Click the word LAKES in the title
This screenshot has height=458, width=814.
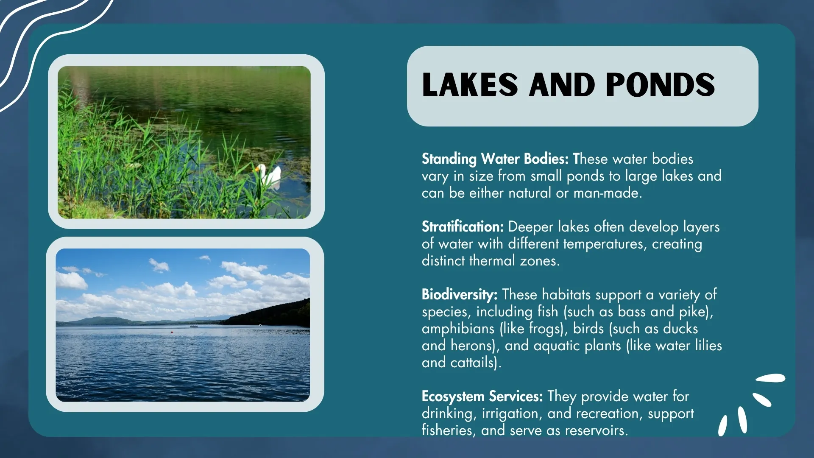tap(470, 85)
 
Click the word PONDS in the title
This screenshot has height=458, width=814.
tap(660, 85)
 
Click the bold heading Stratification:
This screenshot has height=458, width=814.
tap(462, 227)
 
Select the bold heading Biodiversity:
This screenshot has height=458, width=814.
tap(459, 295)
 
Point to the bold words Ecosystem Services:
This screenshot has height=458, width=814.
tap(482, 397)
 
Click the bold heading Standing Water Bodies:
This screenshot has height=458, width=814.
tap(495, 159)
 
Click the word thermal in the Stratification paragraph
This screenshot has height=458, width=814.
tap(492, 261)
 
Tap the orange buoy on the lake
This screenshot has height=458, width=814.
tap(172, 332)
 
